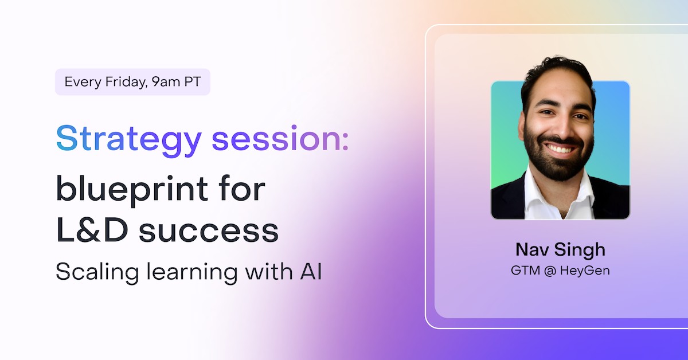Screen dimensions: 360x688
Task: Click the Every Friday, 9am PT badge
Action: click(132, 81)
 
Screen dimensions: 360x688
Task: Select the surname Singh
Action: click(582, 251)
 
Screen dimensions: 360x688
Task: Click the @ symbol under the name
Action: click(549, 270)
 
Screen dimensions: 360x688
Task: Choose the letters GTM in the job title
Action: click(525, 270)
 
